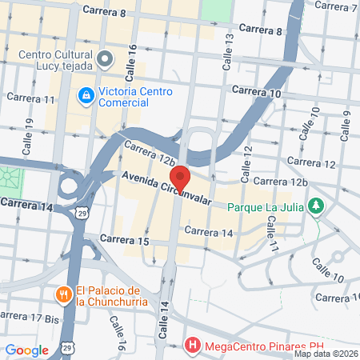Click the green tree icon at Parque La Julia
(x=318, y=206)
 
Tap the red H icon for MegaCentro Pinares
(x=191, y=346)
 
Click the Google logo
(x=27, y=350)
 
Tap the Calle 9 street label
(x=346, y=123)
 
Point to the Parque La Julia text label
(x=267, y=206)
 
